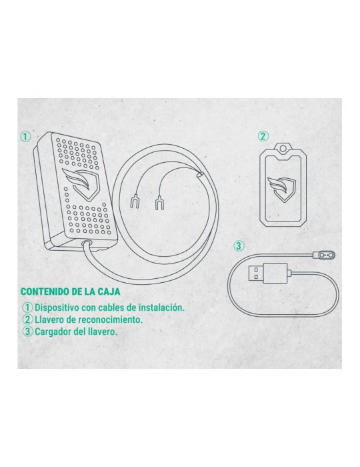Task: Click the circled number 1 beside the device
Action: [x=25, y=137]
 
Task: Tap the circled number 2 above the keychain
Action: [x=263, y=136]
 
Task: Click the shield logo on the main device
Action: [x=81, y=182]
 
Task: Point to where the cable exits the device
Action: [x=86, y=243]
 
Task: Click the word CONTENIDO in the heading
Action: [x=45, y=292]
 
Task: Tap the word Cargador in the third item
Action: [x=53, y=332]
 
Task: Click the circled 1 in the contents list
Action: [x=28, y=308]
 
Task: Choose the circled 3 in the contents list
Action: [x=28, y=332]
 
